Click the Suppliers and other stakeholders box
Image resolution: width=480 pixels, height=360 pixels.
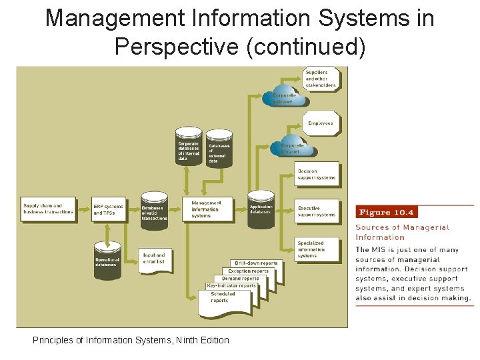click(321, 78)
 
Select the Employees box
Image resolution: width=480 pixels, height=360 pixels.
click(321, 123)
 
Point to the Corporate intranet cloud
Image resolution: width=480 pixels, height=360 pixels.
click(291, 147)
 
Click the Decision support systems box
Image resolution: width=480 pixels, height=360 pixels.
click(317, 175)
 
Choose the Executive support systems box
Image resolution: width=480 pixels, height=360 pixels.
click(317, 211)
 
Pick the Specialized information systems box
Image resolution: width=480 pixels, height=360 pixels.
click(317, 249)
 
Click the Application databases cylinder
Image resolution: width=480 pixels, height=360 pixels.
click(261, 209)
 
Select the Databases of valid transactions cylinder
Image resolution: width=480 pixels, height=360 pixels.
click(154, 211)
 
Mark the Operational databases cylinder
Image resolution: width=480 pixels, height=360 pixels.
click(107, 261)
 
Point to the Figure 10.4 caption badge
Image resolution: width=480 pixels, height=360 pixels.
click(386, 213)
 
